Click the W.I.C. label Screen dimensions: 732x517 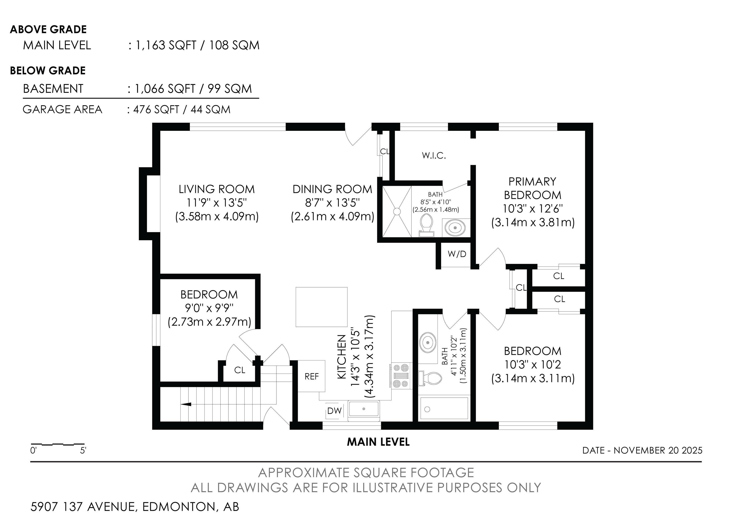tap(434, 156)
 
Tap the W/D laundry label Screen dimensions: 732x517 tap(457, 254)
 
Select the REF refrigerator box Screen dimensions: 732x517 tap(311, 376)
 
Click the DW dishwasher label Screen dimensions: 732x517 tap(334, 411)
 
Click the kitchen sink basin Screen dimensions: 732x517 tap(364, 409)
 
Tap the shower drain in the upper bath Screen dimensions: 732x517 tap(397, 211)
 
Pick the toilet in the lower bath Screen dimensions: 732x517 tap(430, 379)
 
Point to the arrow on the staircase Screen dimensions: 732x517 tap(186, 404)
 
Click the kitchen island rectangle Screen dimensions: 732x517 tap(321, 307)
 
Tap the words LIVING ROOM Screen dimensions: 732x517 tap(217, 189)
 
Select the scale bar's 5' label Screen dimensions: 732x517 tap(83, 451)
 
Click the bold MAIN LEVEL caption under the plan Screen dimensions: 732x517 tap(378, 442)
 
